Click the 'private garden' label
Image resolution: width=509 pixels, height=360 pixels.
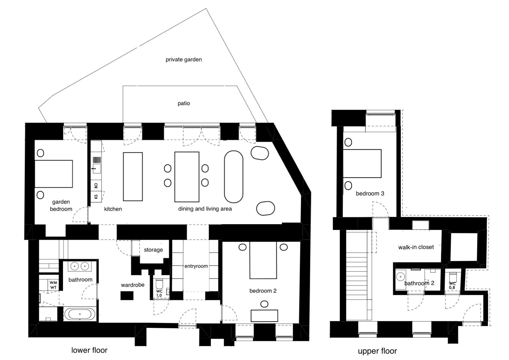pos(184,60)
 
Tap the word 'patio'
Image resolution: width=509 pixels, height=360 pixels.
pos(184,103)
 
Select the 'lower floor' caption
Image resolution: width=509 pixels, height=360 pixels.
pos(89,350)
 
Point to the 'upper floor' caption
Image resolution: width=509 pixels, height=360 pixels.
pos(377,351)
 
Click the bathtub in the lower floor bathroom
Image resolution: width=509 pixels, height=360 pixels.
pos(80,314)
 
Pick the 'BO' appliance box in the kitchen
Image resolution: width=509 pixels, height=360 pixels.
pos(96,185)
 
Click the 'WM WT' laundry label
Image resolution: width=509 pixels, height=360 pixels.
pos(53,285)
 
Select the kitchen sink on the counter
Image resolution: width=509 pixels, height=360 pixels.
pos(96,169)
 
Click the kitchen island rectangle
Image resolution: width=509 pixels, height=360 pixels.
pos(133,177)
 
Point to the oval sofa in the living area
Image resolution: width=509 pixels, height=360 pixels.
pos(233,177)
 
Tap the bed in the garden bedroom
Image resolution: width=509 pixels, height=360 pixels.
pos(54,174)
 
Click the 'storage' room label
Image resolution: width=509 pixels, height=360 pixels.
pos(153,250)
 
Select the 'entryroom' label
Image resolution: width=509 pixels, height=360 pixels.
pos(196,266)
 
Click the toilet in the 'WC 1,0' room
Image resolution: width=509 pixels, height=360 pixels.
pos(159,284)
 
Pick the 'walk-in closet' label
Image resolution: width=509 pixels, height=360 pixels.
pos(416,247)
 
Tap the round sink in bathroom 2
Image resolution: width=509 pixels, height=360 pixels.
pos(400,277)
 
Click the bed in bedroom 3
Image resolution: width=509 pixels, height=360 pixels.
pos(362,163)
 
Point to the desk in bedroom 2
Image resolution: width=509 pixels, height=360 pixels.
pos(264,316)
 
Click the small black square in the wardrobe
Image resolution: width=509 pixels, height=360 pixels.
pos(127,296)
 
